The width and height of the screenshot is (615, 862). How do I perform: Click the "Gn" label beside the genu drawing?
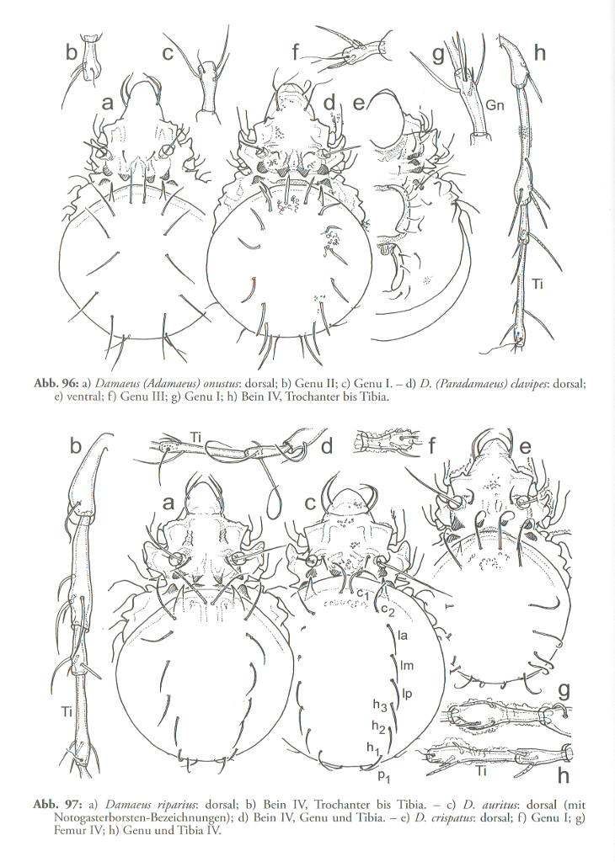[495, 105]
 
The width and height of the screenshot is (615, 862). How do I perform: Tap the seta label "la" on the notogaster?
[403, 636]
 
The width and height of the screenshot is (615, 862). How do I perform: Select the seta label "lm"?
[407, 665]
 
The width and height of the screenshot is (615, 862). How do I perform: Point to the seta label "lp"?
[407, 694]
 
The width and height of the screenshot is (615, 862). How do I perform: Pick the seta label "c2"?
[388, 609]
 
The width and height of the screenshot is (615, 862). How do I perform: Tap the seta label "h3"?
[380, 705]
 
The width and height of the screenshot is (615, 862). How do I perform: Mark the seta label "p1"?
[384, 776]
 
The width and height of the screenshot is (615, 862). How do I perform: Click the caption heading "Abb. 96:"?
[51, 384]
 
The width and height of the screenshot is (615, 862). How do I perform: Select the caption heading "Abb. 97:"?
[51, 805]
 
